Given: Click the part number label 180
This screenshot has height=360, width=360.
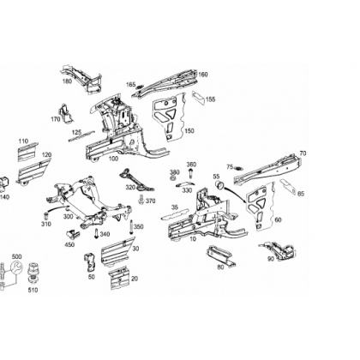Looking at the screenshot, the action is (x=67, y=81).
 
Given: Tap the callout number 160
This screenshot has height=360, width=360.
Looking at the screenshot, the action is (x=202, y=75).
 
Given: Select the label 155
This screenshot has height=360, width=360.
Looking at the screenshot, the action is (x=211, y=99).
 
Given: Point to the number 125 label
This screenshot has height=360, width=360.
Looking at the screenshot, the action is (x=76, y=132).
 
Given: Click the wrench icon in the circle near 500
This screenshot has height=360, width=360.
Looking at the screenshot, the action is (x=16, y=268).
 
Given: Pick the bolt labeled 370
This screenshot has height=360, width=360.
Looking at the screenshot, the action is (x=141, y=200).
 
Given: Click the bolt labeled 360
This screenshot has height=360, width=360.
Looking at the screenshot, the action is (x=190, y=174).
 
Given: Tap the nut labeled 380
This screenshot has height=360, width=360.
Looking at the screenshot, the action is (x=173, y=178).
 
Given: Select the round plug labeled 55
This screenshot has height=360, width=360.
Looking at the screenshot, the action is (x=219, y=186).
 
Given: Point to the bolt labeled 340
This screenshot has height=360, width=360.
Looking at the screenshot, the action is (x=96, y=234).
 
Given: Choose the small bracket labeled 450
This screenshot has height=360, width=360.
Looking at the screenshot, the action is (x=72, y=234).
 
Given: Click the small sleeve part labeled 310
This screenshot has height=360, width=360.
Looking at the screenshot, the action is (x=45, y=215).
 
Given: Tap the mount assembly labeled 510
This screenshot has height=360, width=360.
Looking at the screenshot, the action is (x=33, y=274).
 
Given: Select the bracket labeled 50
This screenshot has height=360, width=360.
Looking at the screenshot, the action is (x=90, y=262).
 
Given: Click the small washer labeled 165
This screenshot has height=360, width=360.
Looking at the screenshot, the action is (x=139, y=87).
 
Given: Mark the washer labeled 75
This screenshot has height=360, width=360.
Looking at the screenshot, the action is (x=238, y=168).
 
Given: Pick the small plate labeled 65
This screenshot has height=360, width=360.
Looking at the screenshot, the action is (x=287, y=186).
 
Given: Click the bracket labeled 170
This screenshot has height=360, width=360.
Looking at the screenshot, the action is (x=66, y=113).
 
